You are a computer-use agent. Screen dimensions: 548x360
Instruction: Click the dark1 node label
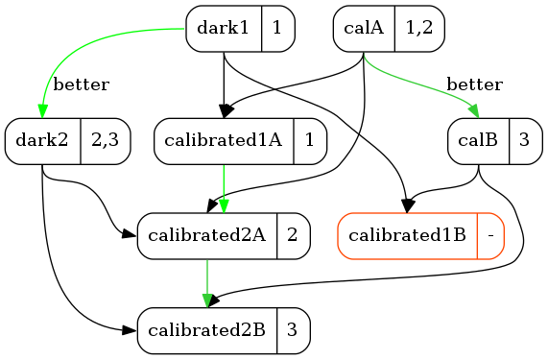pos(223,28)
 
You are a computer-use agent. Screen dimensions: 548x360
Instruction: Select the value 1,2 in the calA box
pos(419,28)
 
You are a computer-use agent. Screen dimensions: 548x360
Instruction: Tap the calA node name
pos(364,28)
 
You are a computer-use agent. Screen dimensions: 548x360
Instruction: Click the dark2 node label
pos(42,140)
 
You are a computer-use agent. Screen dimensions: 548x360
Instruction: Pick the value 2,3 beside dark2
pos(106,140)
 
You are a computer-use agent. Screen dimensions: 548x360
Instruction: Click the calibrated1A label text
pos(224,140)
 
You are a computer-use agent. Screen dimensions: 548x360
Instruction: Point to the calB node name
pos(478,140)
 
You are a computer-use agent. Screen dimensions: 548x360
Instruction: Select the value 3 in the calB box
pos(524,140)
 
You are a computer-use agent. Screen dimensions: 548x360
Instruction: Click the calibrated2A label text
pos(207,235)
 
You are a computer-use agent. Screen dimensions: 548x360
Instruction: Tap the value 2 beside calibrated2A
pos(292,235)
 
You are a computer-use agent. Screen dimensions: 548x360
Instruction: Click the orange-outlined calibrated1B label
pos(407,235)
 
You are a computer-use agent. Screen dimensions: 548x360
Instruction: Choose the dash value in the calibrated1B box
pos(491,237)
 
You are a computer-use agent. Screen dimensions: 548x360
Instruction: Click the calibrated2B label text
pos(207,330)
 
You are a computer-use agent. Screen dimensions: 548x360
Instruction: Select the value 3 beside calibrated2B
pos(292,330)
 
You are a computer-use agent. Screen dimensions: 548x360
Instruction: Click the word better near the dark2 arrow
pos(81,84)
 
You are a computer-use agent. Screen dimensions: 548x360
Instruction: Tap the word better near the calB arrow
pos(475,84)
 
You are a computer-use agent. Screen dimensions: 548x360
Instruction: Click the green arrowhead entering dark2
pos(42,111)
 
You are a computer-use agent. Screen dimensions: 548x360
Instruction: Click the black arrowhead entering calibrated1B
pos(407,205)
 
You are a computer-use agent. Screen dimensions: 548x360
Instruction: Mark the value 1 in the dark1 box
pos(277,28)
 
